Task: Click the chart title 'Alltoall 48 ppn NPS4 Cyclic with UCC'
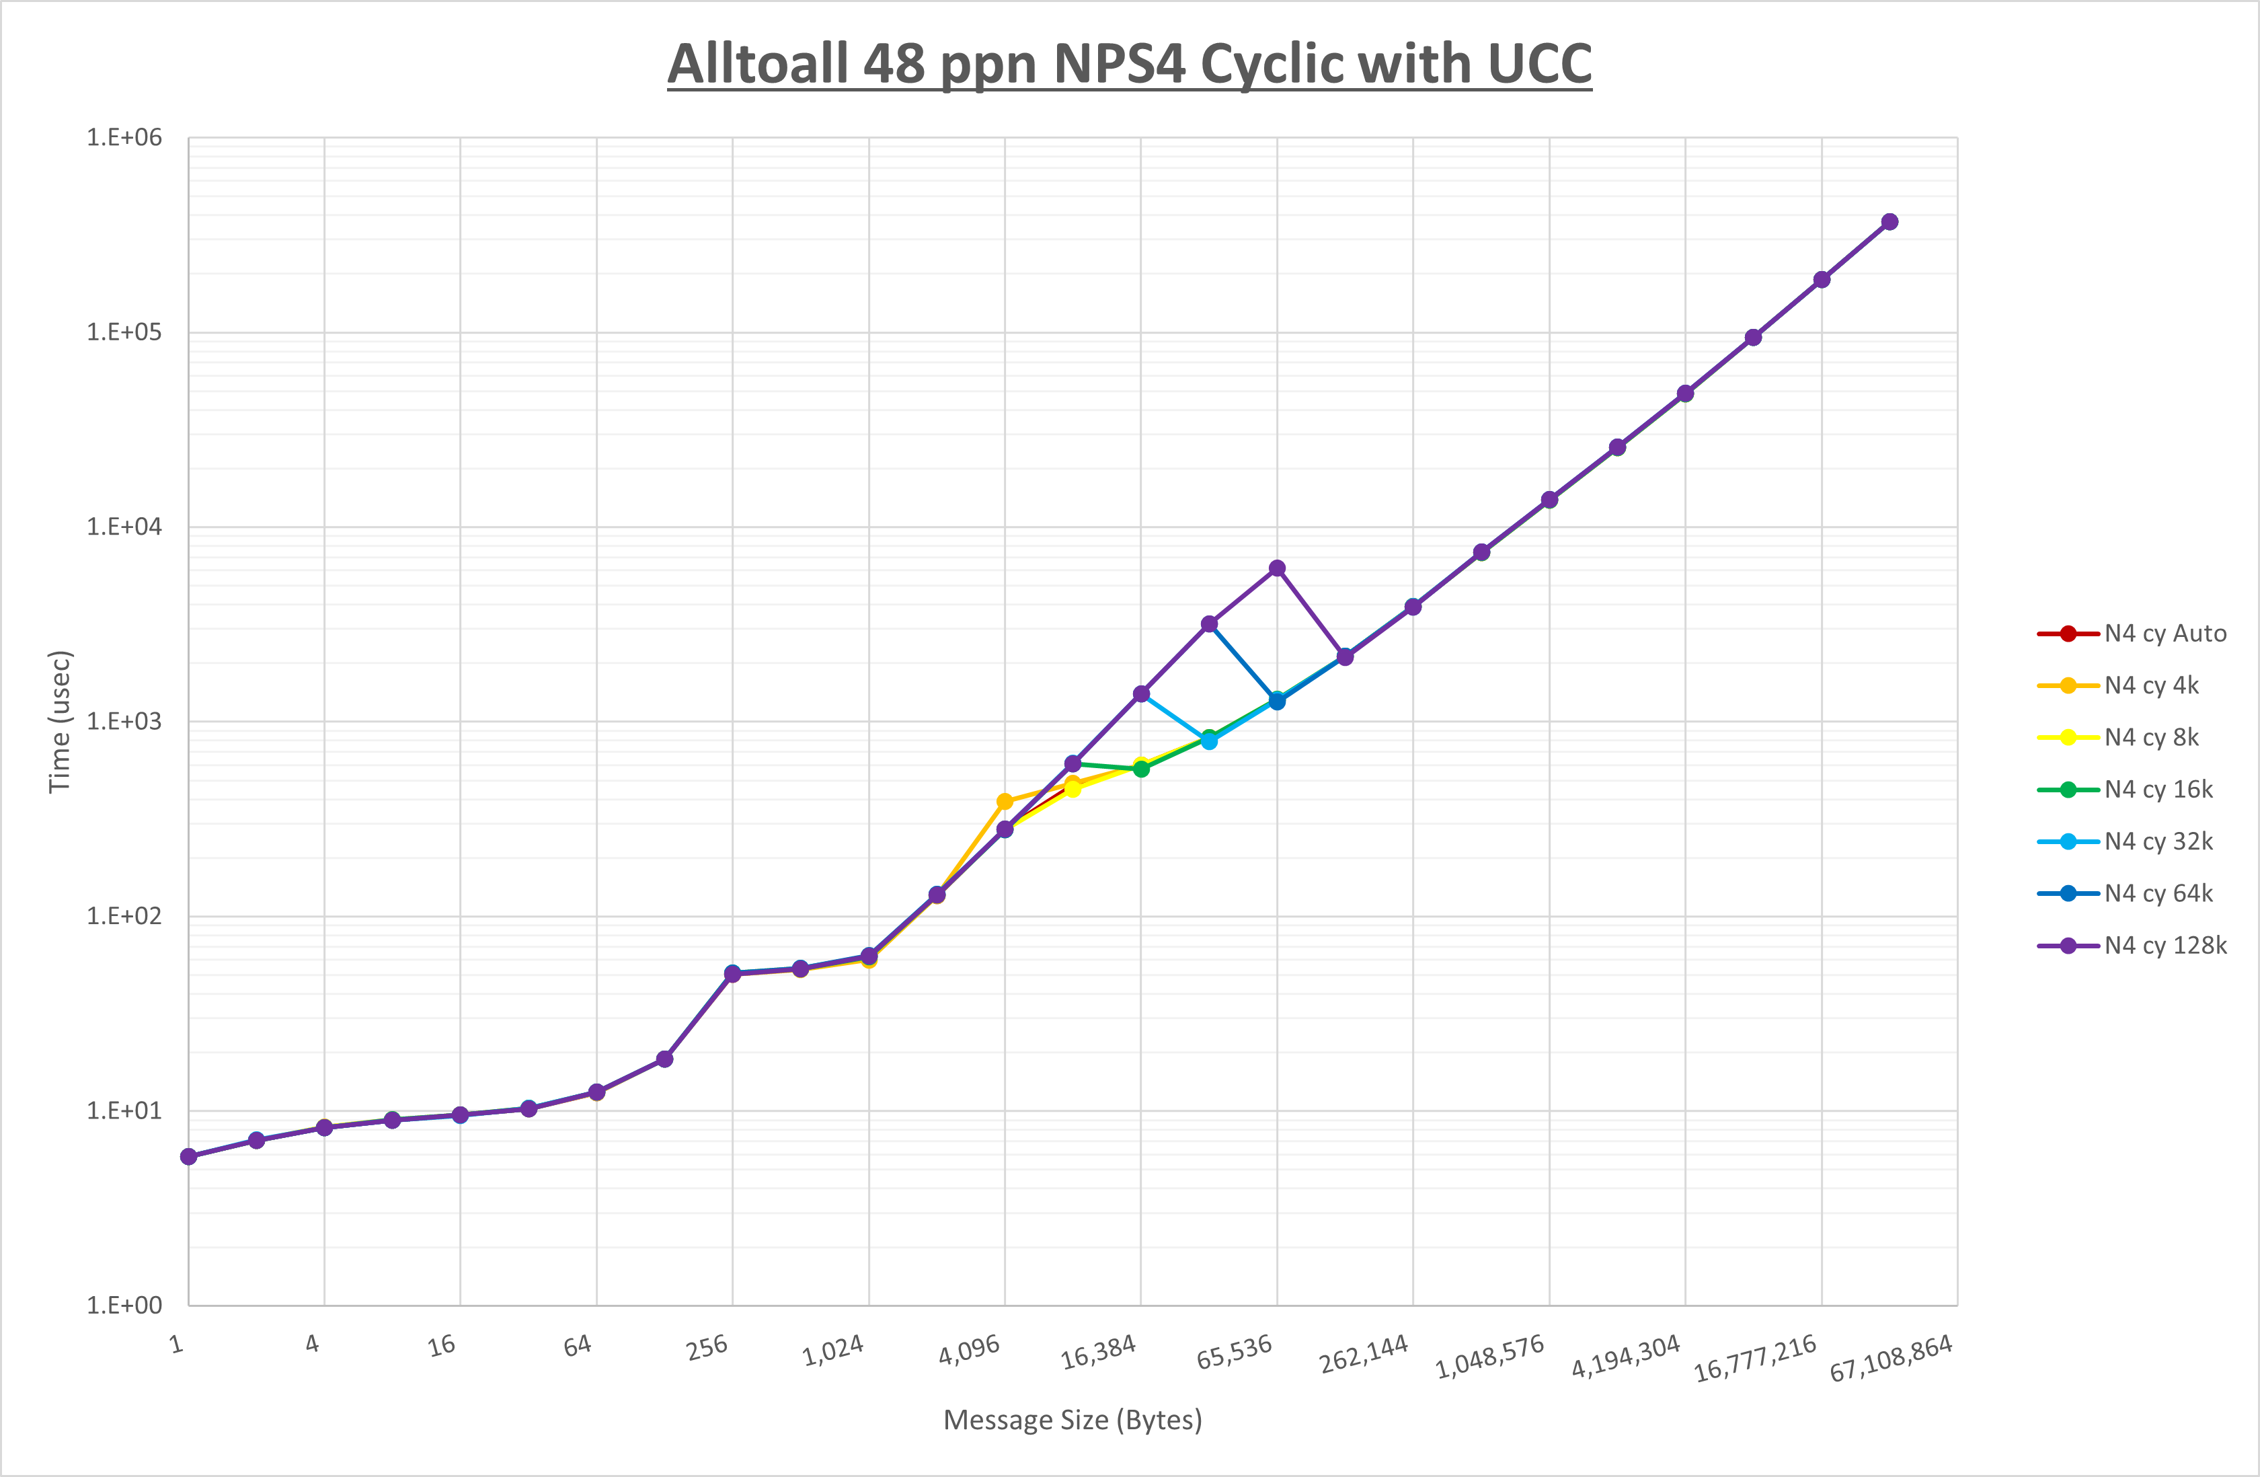pos(1129,65)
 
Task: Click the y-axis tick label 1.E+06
pos(124,138)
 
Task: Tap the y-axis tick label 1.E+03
pos(124,721)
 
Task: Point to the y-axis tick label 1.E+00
pos(124,1305)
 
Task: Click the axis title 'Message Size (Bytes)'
pos(1072,1420)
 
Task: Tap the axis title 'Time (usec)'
pos(59,722)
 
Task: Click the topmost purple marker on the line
pos(1889,222)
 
